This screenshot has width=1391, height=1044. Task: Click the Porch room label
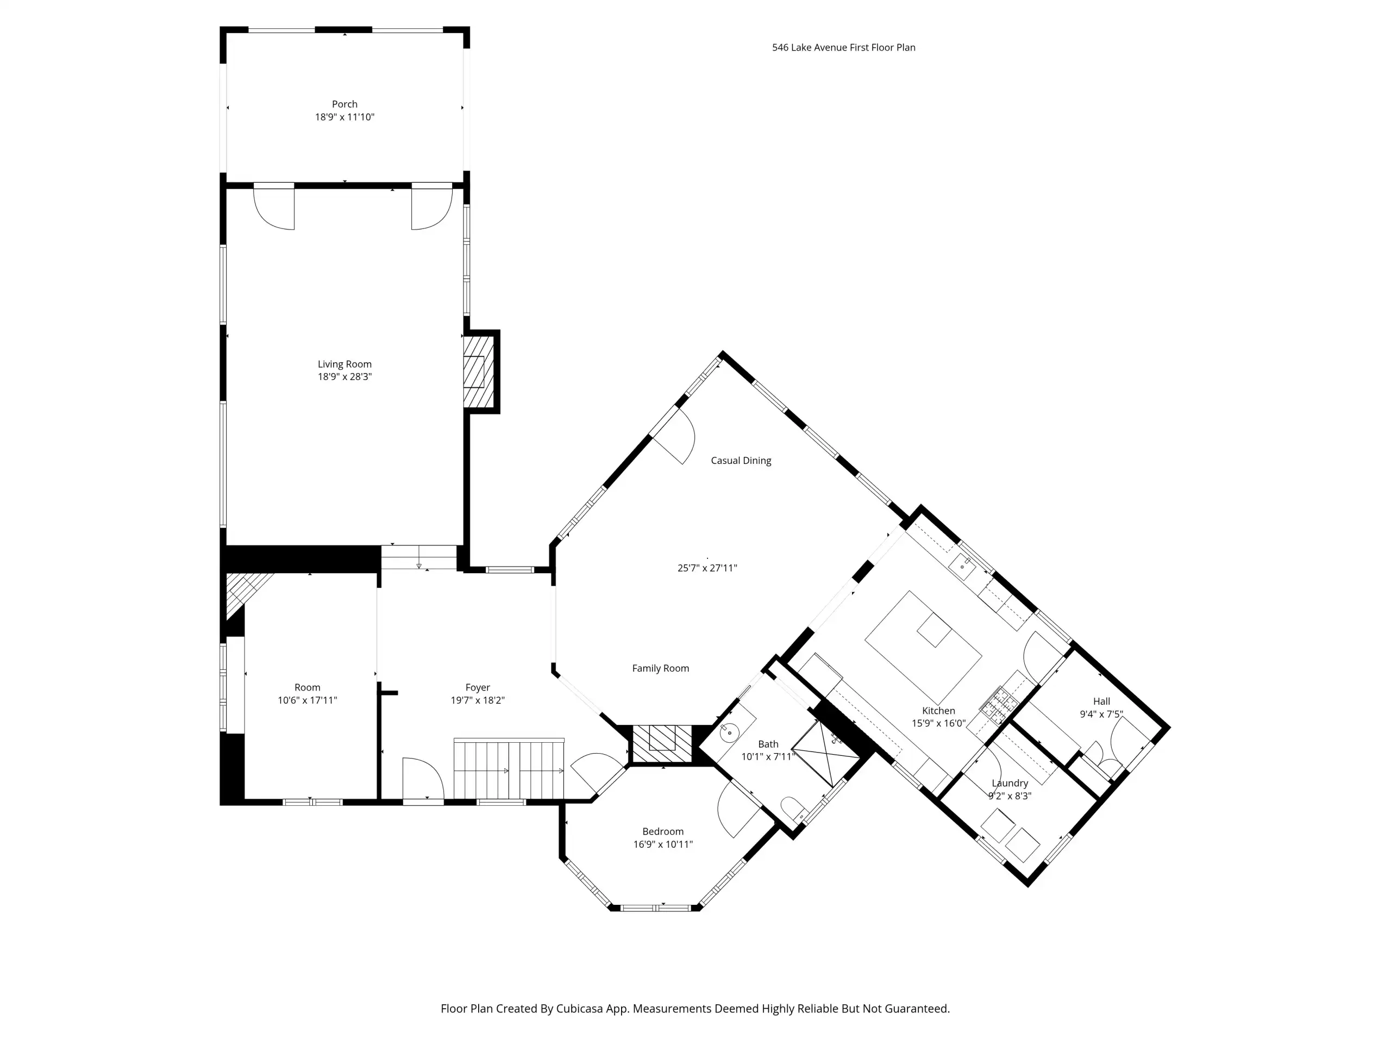(x=344, y=104)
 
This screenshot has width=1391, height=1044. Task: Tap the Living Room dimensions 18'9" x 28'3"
(x=344, y=377)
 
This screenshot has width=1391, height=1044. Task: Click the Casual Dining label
(x=741, y=461)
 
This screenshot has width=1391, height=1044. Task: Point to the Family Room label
(x=660, y=668)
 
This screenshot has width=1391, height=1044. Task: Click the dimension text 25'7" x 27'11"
(x=707, y=568)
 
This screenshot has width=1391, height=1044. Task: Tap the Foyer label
(x=477, y=687)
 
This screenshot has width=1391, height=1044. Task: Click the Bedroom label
(x=663, y=831)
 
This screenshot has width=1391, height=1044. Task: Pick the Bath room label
(x=768, y=744)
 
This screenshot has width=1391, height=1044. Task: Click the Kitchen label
(x=938, y=711)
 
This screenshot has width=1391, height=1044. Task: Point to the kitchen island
(x=923, y=648)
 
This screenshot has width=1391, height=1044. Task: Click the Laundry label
(x=1010, y=783)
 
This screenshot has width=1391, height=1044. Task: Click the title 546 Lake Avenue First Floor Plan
(x=843, y=47)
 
